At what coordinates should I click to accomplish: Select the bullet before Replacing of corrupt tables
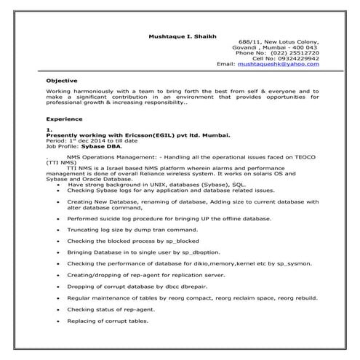tap(57, 321)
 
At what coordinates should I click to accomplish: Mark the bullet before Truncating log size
tap(57, 228)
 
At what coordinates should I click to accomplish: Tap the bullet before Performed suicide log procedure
tap(57, 217)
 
